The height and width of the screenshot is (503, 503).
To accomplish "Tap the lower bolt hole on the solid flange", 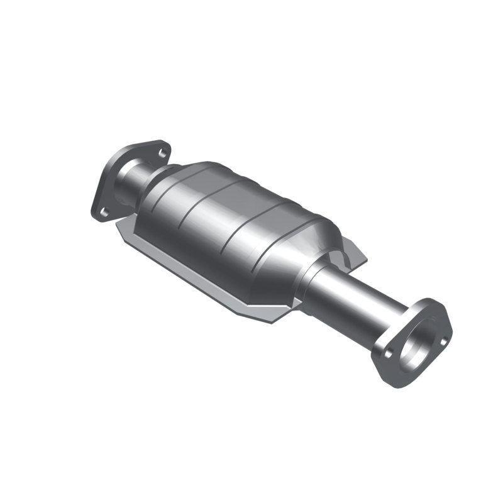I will click(x=104, y=211).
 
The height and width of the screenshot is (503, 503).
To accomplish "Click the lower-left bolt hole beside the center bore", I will click(x=388, y=354).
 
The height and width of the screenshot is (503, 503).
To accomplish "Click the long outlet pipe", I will click(x=352, y=296).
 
